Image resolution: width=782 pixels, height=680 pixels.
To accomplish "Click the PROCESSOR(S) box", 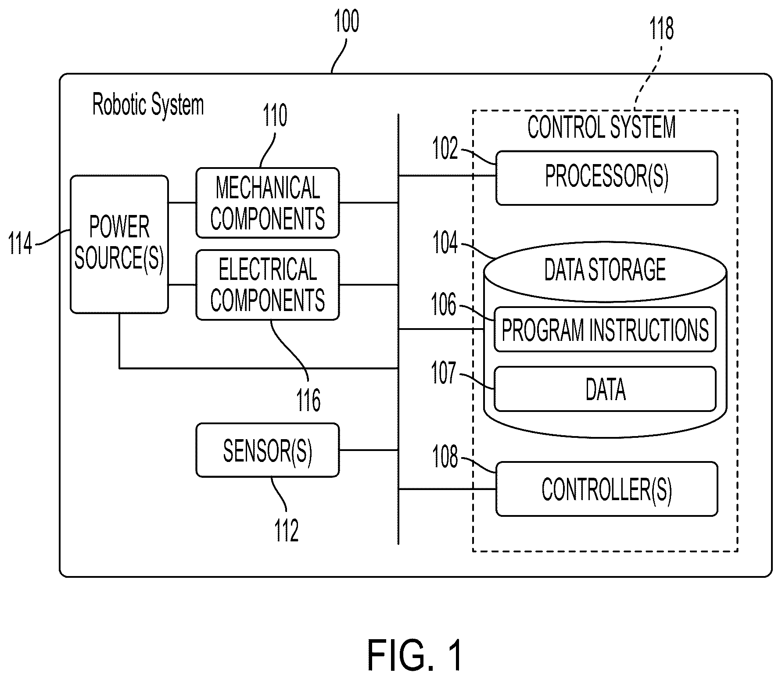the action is tap(607, 178).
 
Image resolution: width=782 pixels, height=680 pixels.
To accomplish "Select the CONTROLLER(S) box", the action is tap(607, 489).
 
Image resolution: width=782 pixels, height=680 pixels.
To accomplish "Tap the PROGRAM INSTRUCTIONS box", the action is tap(605, 329).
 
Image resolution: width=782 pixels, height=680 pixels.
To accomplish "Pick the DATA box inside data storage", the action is tap(605, 389).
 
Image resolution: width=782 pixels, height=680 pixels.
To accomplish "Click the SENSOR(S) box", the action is tap(268, 450).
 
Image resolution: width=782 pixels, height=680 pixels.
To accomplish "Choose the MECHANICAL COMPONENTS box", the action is tap(268, 203).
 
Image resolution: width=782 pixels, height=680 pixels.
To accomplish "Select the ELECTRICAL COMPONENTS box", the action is tap(268, 285).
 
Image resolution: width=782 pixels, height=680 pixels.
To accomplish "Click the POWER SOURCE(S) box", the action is tap(119, 244).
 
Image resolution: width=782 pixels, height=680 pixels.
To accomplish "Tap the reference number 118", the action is tap(661, 29).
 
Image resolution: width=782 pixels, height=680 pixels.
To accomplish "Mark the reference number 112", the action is tap(287, 530).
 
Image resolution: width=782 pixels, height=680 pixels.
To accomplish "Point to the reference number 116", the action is tap(308, 400).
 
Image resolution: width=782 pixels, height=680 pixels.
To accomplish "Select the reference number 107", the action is tap(445, 373).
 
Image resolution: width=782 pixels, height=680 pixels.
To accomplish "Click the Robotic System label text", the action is tap(148, 105).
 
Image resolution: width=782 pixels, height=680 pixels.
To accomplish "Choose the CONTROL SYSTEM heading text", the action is tap(602, 127).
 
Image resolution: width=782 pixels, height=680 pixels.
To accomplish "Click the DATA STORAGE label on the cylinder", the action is tap(605, 269).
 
